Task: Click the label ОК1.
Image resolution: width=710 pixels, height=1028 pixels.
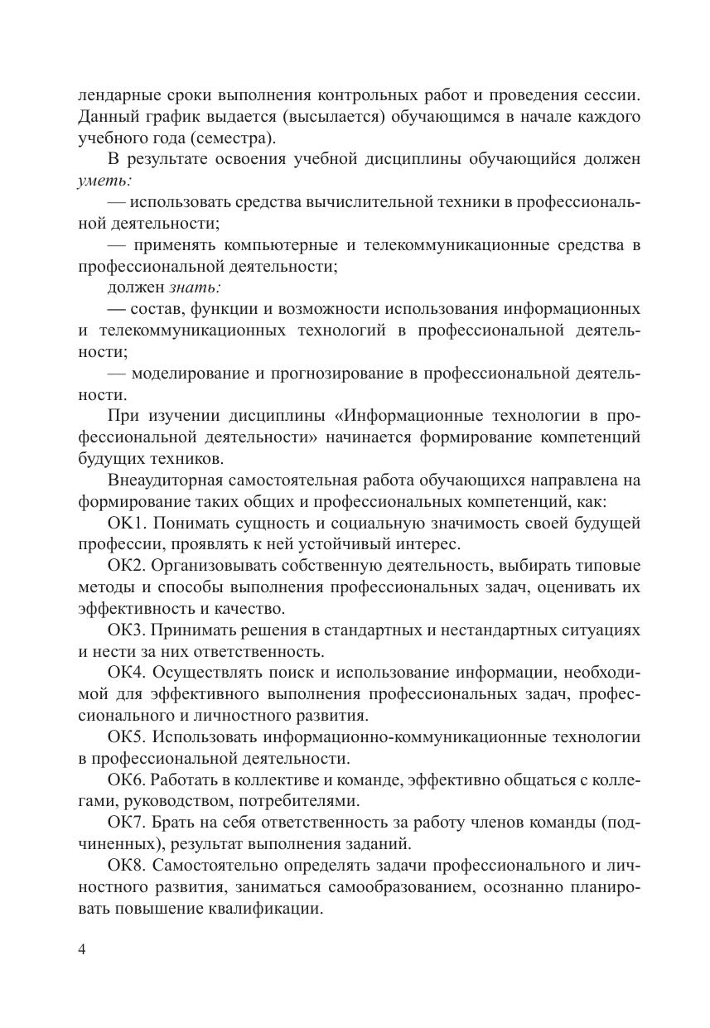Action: tap(127, 524)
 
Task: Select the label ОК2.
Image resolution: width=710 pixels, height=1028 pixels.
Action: tap(127, 567)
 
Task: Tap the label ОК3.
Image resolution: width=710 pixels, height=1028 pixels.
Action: tap(127, 630)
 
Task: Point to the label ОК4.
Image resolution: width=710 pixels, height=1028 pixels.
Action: tap(127, 673)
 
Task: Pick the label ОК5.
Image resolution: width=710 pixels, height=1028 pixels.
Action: tap(127, 737)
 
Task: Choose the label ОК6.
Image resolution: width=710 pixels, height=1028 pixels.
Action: tap(127, 780)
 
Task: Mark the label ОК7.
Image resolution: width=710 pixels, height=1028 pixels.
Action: tap(127, 823)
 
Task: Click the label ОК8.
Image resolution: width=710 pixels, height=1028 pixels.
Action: tap(127, 866)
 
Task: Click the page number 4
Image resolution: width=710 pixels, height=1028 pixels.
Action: tap(81, 949)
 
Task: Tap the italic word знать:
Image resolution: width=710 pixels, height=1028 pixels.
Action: tap(195, 287)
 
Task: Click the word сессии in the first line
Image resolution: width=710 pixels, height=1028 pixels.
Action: tap(611, 95)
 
